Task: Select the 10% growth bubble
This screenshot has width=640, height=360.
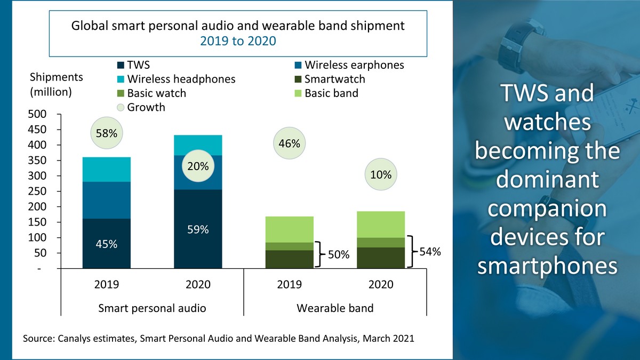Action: [381, 175]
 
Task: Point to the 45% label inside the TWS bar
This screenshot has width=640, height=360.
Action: [106, 244]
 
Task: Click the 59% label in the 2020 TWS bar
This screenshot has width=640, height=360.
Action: [198, 230]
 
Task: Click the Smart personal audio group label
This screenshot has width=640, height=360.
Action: [152, 308]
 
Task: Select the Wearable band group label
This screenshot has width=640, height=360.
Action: [335, 308]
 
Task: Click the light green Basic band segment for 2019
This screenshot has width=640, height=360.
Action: [289, 229]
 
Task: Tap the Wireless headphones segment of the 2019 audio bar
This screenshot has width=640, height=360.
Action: [106, 169]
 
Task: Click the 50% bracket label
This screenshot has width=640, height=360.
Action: [338, 256]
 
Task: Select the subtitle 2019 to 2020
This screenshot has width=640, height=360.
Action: [238, 41]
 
